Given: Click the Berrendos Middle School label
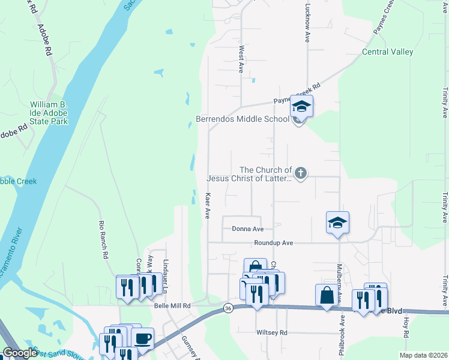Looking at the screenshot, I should click(243, 119).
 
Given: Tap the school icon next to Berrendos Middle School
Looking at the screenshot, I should click(301, 107).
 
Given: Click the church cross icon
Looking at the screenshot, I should click(301, 174).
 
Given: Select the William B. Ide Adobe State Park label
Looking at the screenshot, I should click(49, 113).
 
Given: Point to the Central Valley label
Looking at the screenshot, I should click(388, 52).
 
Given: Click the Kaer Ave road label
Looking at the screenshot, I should click(208, 206).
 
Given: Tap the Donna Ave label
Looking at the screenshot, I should click(248, 229).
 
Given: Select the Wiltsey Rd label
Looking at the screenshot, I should click(272, 332).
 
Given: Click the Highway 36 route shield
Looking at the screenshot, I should click(228, 308).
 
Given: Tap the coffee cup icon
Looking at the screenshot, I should click(143, 338).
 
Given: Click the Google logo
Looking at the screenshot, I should click(20, 353).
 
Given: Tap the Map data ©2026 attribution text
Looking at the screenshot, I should click(423, 355).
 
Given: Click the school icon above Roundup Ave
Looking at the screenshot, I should click(338, 223).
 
